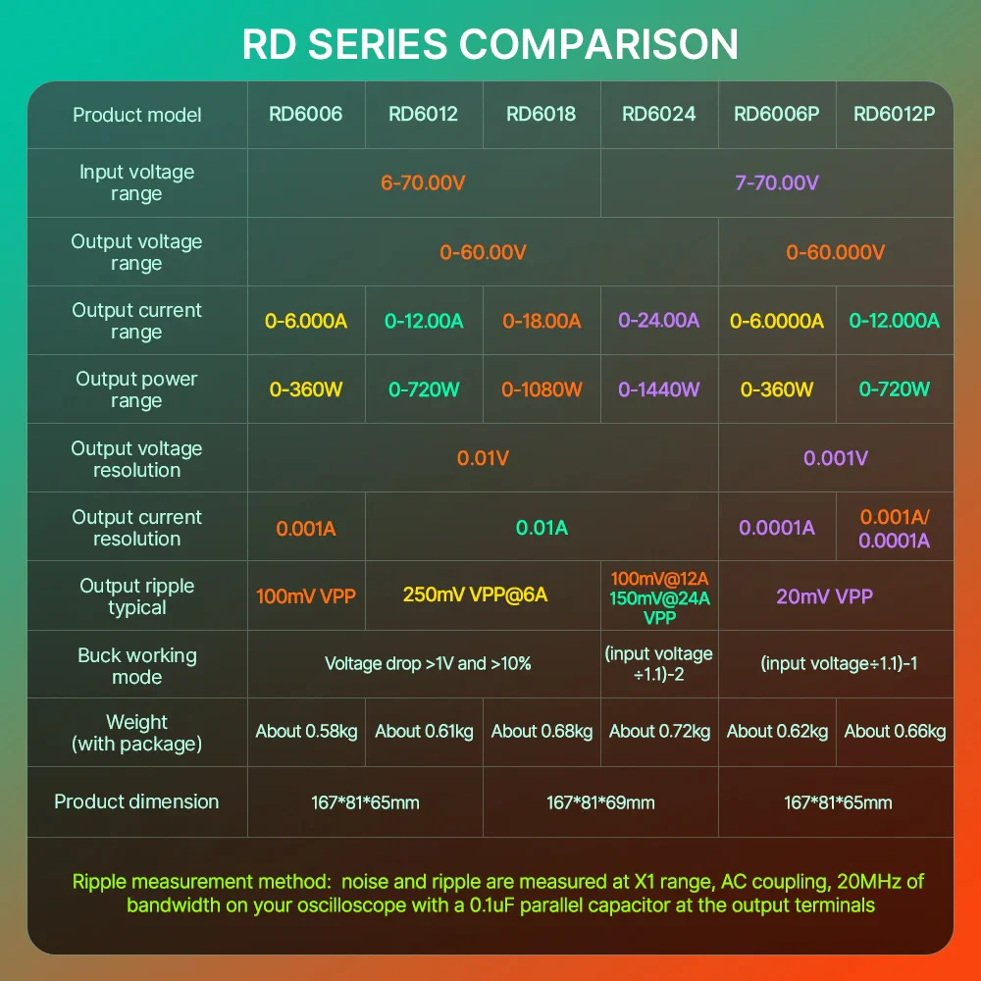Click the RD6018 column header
541,114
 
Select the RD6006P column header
776,114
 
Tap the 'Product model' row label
136,115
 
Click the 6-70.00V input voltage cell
423,182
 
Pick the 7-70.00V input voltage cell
776,182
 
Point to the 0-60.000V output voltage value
835,252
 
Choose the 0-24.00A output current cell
658,321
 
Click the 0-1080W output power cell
541,389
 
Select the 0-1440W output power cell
658,389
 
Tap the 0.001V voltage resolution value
835,458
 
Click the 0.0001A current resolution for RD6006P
776,528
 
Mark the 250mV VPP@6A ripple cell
482,595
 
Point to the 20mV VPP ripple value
824,595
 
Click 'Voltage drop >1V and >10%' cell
428,664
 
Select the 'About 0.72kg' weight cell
659,731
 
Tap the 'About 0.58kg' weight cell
306,731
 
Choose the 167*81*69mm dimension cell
600,802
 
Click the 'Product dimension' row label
136,801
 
